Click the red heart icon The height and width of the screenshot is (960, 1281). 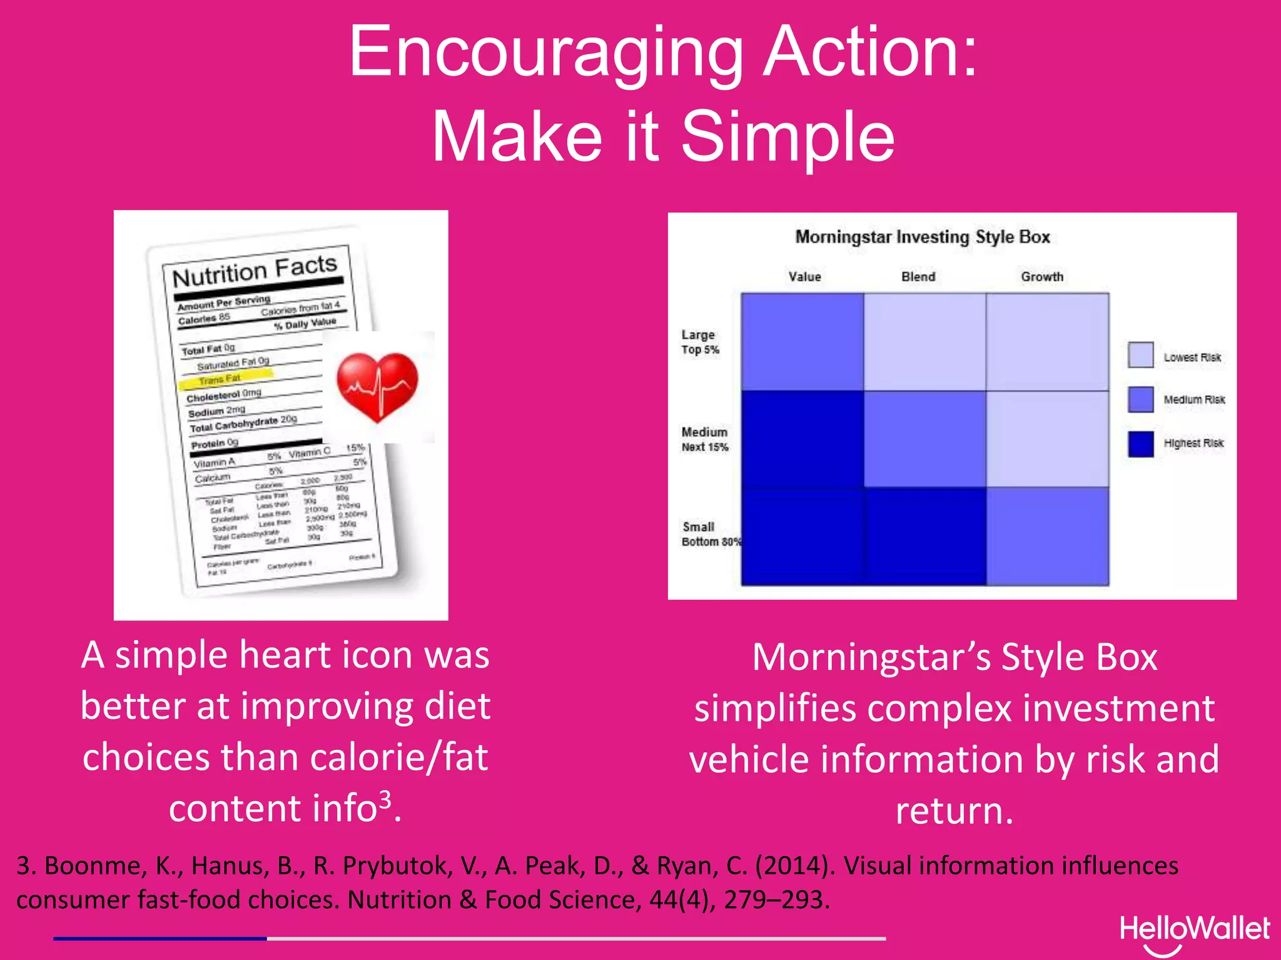pos(377,386)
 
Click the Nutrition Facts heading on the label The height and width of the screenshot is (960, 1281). pos(255,271)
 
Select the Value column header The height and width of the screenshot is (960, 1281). pos(804,277)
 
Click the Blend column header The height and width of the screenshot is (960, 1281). pos(918,277)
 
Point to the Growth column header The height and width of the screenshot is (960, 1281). pos(1042,277)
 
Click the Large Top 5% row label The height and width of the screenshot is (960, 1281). pos(700,342)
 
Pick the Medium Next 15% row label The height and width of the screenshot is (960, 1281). pos(705,439)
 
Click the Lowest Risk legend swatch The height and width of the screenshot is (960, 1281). pos(1140,355)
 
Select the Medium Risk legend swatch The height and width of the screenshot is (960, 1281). pos(1140,399)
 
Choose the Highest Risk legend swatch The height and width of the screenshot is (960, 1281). pos(1140,444)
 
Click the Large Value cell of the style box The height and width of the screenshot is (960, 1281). pos(803,342)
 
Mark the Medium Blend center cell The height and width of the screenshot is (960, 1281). pos(925,439)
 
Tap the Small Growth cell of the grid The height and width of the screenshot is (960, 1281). pos(1048,536)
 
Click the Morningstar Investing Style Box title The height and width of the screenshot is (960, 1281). pos(922,237)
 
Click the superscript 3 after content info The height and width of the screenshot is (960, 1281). pos(385,799)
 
